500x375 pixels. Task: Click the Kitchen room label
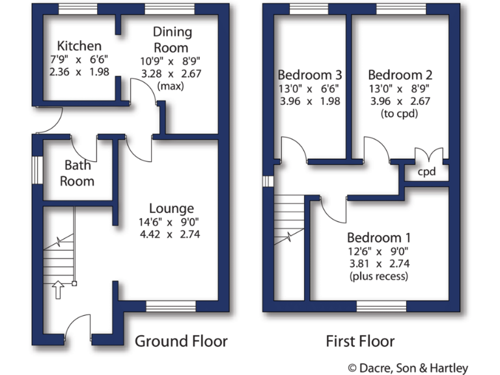[x=79, y=46]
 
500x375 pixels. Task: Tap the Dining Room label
[x=171, y=40]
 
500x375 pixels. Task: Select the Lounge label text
[x=171, y=208]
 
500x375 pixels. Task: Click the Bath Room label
[x=77, y=173]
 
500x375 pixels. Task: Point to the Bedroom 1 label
[x=379, y=237]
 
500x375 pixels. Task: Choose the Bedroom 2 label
[x=400, y=75]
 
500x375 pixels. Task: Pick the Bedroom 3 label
[x=310, y=75]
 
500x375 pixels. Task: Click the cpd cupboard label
[x=426, y=173]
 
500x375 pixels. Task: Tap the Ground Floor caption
[x=181, y=341]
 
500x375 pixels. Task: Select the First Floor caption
[x=360, y=341]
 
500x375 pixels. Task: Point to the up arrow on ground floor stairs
[x=57, y=289]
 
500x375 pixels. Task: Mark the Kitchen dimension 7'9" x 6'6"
[x=79, y=59]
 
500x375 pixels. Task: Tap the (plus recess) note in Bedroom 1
[x=379, y=277]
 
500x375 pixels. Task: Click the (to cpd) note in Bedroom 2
[x=400, y=113]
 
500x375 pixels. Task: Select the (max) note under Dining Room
[x=171, y=86]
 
